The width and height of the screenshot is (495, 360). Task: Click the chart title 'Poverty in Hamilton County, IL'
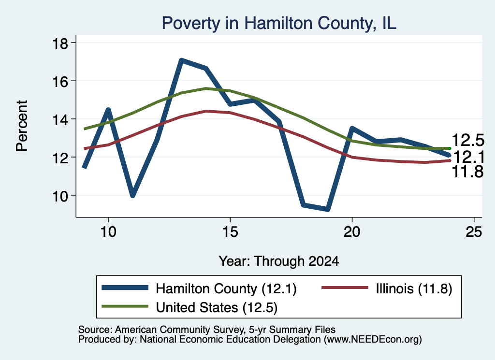[x=279, y=24]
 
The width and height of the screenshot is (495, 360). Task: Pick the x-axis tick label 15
[x=230, y=232]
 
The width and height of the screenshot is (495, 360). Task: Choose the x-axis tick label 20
[x=352, y=232]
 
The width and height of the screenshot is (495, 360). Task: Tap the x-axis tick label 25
[x=474, y=232]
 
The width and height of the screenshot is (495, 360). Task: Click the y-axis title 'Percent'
[x=22, y=126]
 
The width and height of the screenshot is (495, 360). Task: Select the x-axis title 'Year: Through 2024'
[x=279, y=261]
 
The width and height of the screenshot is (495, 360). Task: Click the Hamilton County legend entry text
[x=226, y=288]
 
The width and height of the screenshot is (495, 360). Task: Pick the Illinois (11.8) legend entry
[x=414, y=288]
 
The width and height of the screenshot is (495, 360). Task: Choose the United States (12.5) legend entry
[x=217, y=308]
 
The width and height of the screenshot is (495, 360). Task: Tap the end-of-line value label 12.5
[x=468, y=140]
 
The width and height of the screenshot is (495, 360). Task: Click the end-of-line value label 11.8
[x=468, y=172]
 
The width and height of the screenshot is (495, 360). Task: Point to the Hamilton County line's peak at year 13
[x=181, y=60]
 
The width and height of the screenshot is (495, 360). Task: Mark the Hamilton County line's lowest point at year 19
[x=328, y=209]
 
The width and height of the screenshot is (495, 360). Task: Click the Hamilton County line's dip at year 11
[x=133, y=196]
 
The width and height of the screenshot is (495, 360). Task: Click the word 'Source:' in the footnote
[x=95, y=330]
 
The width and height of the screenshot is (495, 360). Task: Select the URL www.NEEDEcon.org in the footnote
[x=373, y=340]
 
